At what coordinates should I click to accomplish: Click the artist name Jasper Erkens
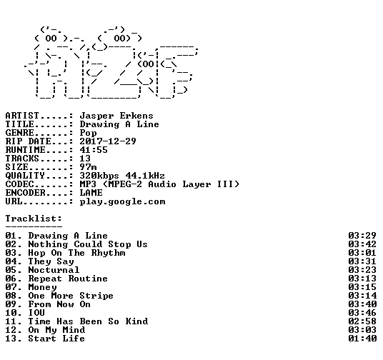(x=116, y=116)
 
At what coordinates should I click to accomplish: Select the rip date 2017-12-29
(x=108, y=141)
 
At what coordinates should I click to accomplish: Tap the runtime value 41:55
(x=94, y=150)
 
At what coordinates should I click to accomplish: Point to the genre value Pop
(x=88, y=133)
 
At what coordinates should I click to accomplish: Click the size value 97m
(x=88, y=167)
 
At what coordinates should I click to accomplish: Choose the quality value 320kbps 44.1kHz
(x=122, y=176)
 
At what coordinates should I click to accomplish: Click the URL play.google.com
(x=122, y=201)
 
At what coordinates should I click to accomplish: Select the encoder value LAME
(x=91, y=193)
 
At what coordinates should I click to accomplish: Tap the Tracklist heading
(x=34, y=219)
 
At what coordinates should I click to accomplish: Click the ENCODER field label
(x=26, y=193)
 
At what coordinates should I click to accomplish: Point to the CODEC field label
(x=19, y=184)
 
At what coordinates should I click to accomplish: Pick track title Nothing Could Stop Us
(x=88, y=244)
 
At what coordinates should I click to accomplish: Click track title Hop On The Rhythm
(x=76, y=253)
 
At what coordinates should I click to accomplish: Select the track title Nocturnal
(x=54, y=270)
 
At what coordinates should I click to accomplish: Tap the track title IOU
(x=36, y=313)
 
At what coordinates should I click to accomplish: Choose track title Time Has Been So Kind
(x=88, y=321)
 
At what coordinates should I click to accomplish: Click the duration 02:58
(x=362, y=321)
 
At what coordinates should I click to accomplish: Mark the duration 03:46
(x=362, y=313)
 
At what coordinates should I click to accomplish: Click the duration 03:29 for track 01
(x=362, y=236)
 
